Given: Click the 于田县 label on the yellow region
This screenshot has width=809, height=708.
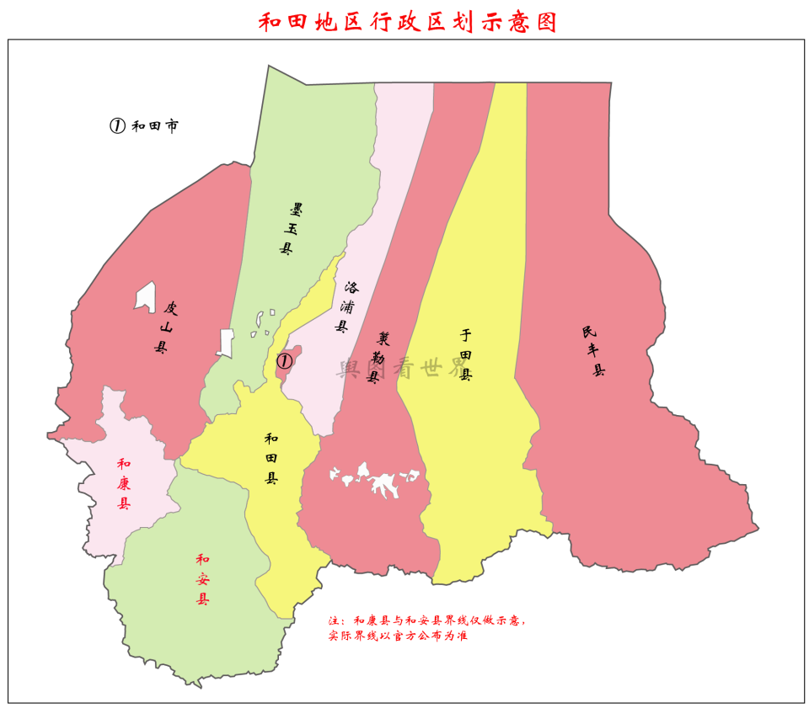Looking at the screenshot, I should tap(465, 354).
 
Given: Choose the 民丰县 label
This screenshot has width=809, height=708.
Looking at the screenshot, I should tap(593, 349).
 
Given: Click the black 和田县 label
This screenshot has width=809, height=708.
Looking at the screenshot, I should tap(271, 458).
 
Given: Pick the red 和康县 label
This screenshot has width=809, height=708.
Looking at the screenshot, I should tap(124, 483).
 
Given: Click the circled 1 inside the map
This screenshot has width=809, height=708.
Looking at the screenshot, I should tap(284, 361).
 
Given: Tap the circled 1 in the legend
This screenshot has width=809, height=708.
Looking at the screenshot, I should tap(117, 125).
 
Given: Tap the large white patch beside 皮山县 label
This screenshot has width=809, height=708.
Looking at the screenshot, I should tap(146, 296).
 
